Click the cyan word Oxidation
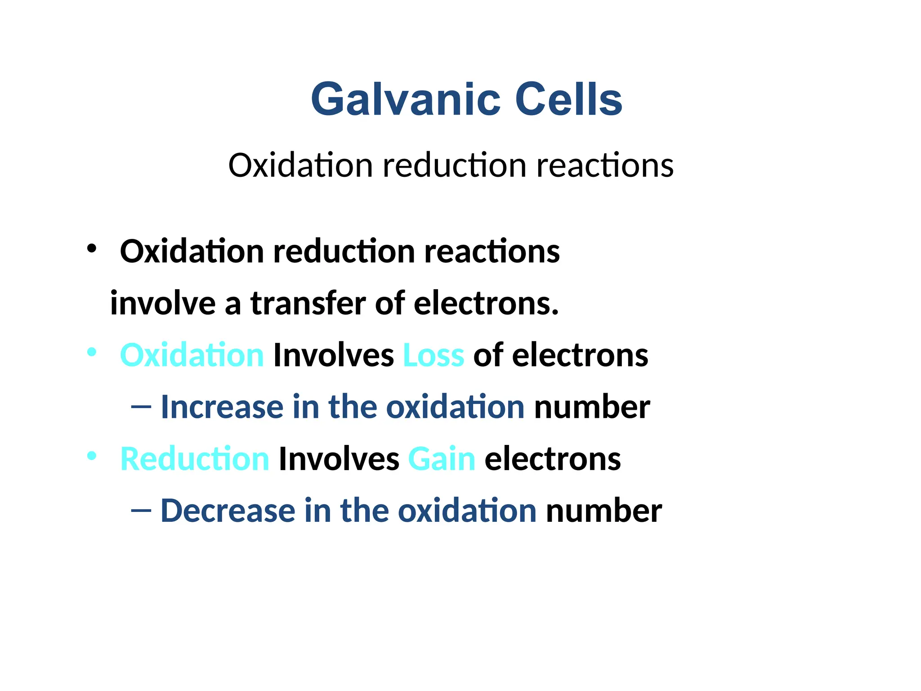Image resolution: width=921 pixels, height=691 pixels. coord(192,355)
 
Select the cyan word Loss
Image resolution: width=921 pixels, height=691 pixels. coord(434,355)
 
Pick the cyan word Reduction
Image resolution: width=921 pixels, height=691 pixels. coord(195,459)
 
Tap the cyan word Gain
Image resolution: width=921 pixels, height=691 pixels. coord(442,459)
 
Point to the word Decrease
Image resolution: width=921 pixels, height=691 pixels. coord(228,511)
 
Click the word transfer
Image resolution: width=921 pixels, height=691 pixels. coord(308,303)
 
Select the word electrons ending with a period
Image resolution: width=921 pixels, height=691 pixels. coord(486,303)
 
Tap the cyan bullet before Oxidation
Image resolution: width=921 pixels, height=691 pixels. coord(92,352)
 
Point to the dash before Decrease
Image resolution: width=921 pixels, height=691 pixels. coord(141,511)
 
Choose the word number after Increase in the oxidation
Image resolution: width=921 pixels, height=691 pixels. coord(592,407)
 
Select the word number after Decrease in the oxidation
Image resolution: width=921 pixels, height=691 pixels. coord(604,511)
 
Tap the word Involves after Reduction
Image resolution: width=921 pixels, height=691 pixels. coord(339,459)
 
